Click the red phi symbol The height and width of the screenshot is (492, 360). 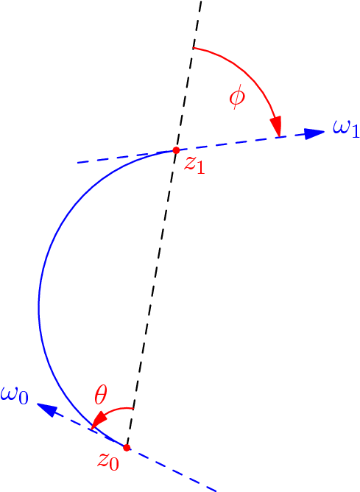(x=236, y=97)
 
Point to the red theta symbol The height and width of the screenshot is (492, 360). (x=101, y=396)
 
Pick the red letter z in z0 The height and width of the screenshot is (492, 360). (x=104, y=460)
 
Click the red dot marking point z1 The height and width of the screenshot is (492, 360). (x=176, y=150)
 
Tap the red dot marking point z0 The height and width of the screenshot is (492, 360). (x=127, y=448)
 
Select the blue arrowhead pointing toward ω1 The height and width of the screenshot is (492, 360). (x=315, y=133)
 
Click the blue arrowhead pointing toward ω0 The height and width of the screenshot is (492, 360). (x=46, y=409)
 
